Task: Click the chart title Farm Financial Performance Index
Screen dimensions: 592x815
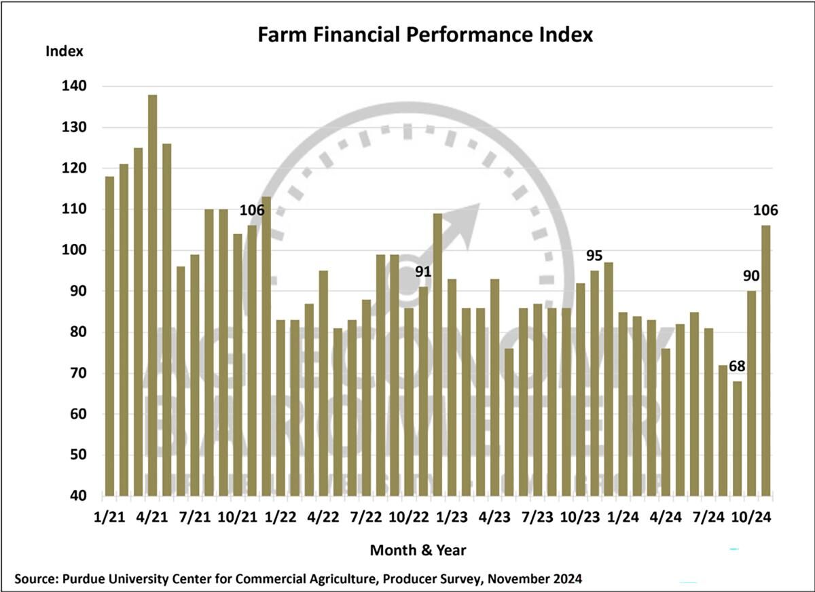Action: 425,35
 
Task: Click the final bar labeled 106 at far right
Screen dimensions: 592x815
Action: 766,360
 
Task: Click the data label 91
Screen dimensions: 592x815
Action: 424,273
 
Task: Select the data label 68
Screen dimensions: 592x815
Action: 738,367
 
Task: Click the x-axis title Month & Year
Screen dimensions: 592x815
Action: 418,550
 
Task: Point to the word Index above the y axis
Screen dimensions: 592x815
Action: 65,51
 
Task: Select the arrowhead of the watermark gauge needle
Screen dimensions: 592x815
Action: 469,214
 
